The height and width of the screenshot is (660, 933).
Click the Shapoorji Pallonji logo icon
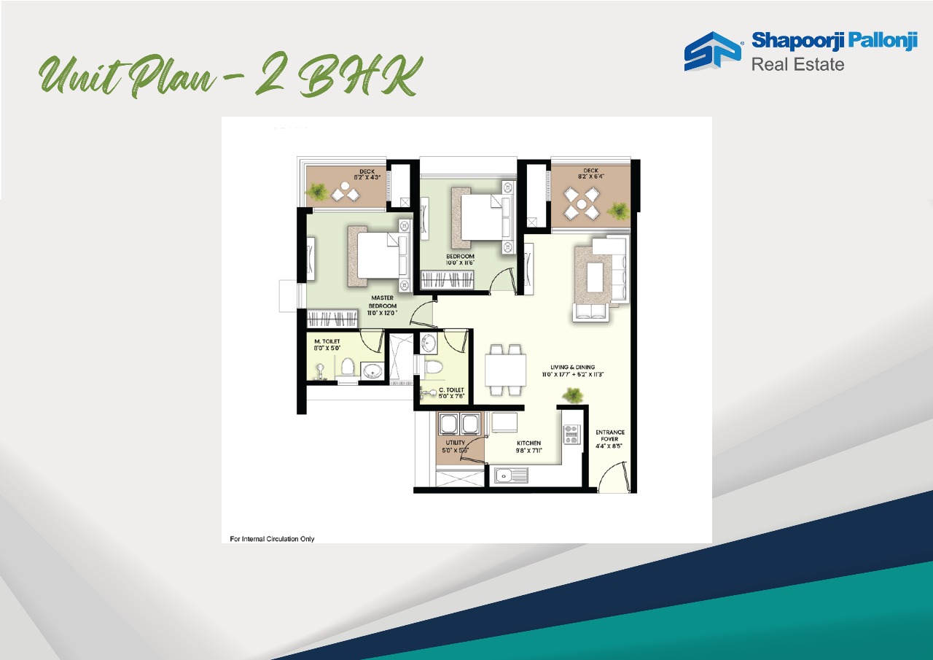pyautogui.click(x=712, y=51)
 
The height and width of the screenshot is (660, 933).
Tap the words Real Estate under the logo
pyautogui.click(x=797, y=64)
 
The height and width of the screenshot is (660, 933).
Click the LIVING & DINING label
pyautogui.click(x=573, y=370)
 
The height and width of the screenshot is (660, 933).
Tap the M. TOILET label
pyautogui.click(x=327, y=345)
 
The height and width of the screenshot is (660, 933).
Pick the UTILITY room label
pyautogui.click(x=456, y=446)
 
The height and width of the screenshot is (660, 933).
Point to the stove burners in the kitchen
pyautogui.click(x=571, y=435)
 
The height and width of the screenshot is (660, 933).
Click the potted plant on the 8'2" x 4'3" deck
pyautogui.click(x=317, y=192)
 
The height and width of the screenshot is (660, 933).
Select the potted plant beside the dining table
pyautogui.click(x=573, y=396)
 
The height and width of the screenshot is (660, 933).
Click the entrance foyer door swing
pyautogui.click(x=611, y=478)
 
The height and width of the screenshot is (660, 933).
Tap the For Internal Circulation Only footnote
pyautogui.click(x=272, y=539)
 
